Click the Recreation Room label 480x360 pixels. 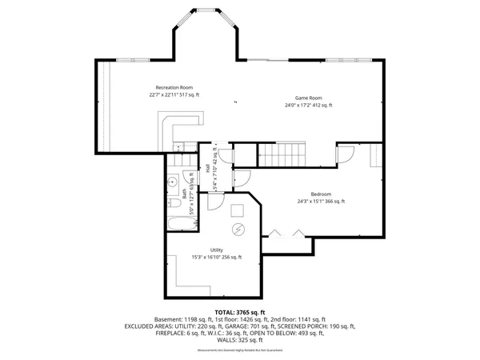click(x=174, y=87)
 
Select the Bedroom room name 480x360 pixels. click(x=321, y=194)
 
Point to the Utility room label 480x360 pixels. click(x=216, y=250)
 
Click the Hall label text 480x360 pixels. click(x=207, y=168)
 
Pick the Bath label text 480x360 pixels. click(x=184, y=194)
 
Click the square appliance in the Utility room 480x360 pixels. click(x=238, y=210)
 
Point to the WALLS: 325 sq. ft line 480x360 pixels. click(x=240, y=342)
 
